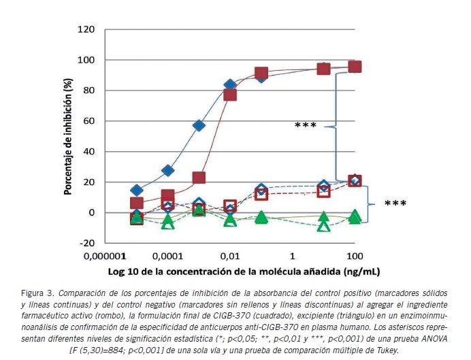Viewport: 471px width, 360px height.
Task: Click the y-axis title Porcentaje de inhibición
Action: [69, 136]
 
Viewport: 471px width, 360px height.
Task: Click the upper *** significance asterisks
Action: [306, 126]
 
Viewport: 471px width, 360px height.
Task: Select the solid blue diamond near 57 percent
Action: [199, 125]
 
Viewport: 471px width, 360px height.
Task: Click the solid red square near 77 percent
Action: [230, 95]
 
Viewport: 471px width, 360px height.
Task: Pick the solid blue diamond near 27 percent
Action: [168, 170]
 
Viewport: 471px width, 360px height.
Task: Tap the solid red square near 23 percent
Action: [199, 178]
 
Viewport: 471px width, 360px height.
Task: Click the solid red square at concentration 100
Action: [355, 67]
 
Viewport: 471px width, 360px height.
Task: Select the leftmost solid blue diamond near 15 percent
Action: [137, 191]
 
